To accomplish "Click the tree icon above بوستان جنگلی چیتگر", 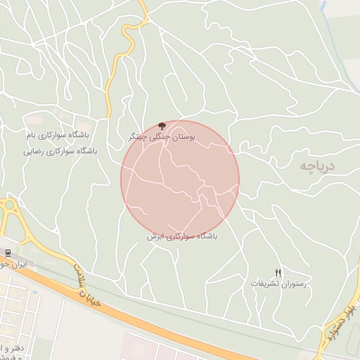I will [x=162, y=124].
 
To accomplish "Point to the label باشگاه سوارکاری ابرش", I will [x=182, y=237].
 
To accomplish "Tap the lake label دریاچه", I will [x=318, y=166].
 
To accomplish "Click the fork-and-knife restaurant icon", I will [x=278, y=274].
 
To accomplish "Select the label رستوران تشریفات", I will [x=278, y=283].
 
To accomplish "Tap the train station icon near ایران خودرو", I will [x=7, y=253].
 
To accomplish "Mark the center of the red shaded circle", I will [x=180, y=180].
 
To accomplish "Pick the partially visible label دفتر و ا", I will [x=11, y=347].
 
